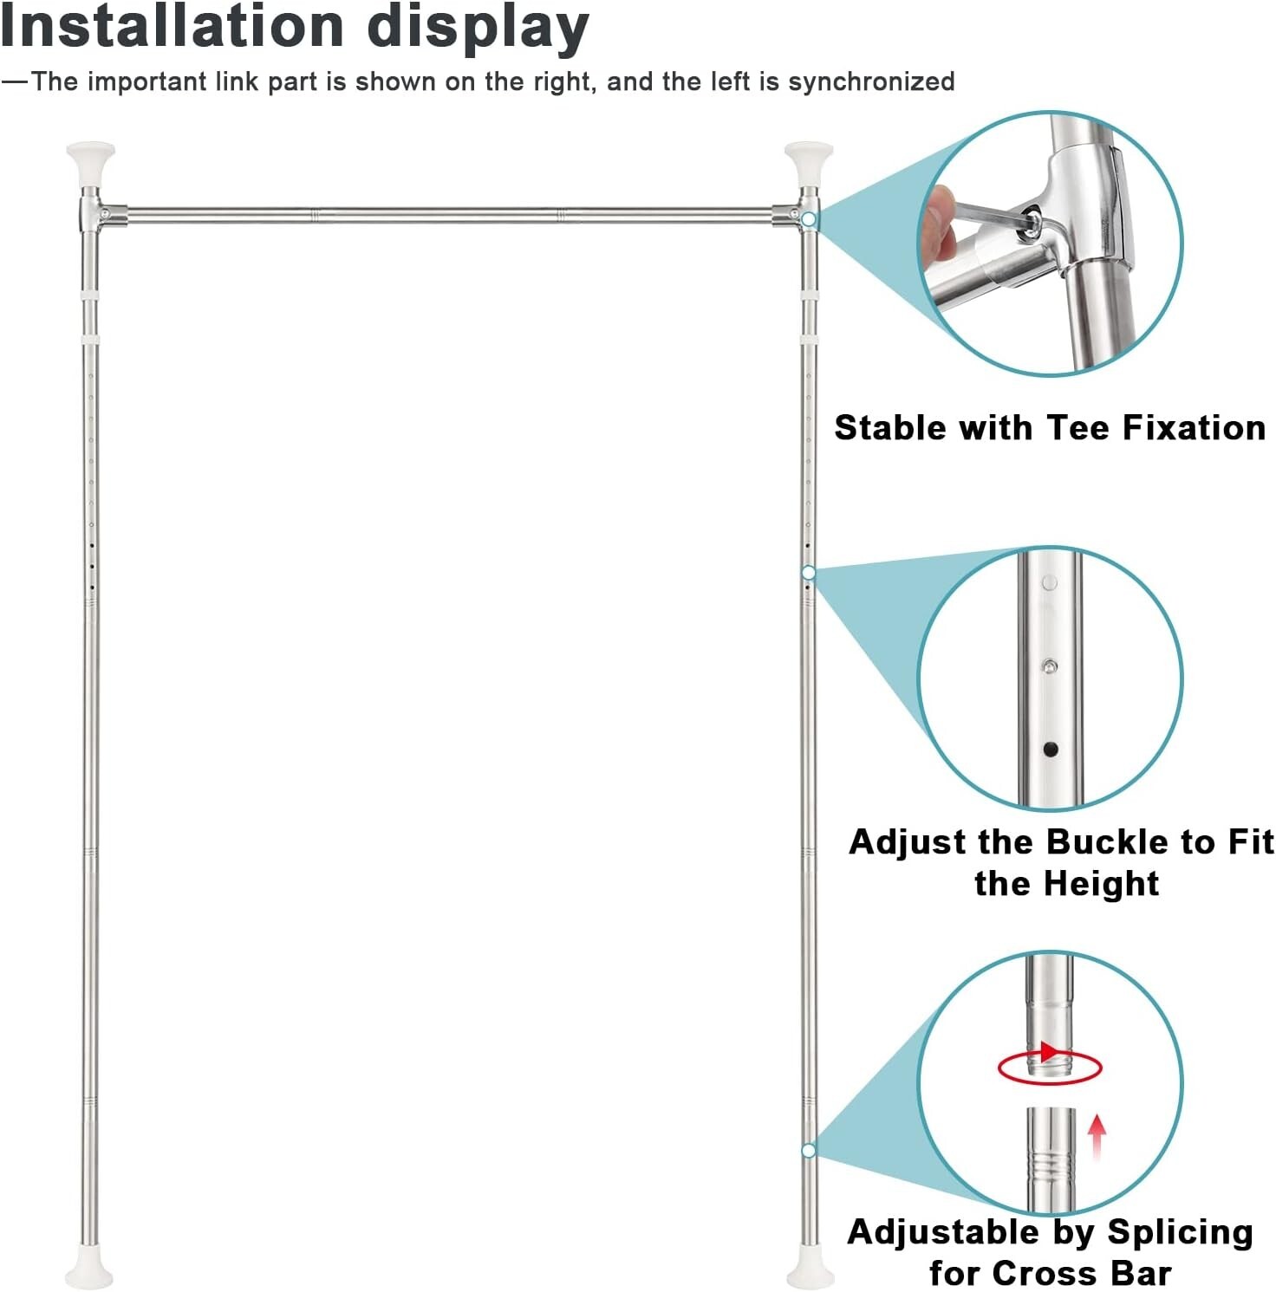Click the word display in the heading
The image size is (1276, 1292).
tap(478, 28)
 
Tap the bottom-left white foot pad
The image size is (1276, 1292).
tap(88, 1274)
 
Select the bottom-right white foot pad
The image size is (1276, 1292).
tap(810, 1274)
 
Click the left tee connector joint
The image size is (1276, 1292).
tap(92, 213)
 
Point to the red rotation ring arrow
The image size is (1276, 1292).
tap(1050, 1065)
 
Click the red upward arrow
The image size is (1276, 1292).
tap(1097, 1136)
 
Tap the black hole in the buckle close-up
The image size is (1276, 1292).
tap(1051, 749)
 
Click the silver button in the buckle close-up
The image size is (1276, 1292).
tap(1050, 667)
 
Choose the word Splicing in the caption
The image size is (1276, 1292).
tap(1180, 1232)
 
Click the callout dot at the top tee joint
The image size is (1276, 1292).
tap(809, 219)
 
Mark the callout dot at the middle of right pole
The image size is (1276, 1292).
tap(809, 573)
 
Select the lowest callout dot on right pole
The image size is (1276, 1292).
tap(809, 1151)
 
